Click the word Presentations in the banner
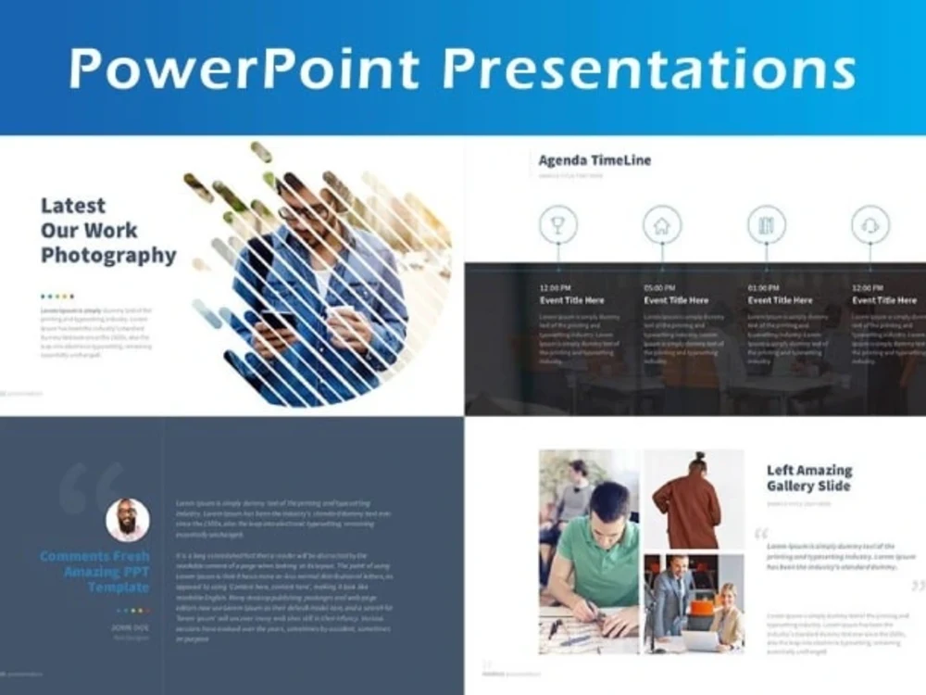[647, 69]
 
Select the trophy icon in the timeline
[558, 225]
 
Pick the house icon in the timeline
[662, 225]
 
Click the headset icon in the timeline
[870, 225]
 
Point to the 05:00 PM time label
[659, 287]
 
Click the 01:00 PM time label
[763, 287]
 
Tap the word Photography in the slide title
[108, 255]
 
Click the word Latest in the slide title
[73, 206]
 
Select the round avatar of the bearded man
[128, 520]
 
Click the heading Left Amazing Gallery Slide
[809, 478]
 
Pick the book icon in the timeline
[766, 225]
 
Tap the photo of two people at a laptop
[694, 602]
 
